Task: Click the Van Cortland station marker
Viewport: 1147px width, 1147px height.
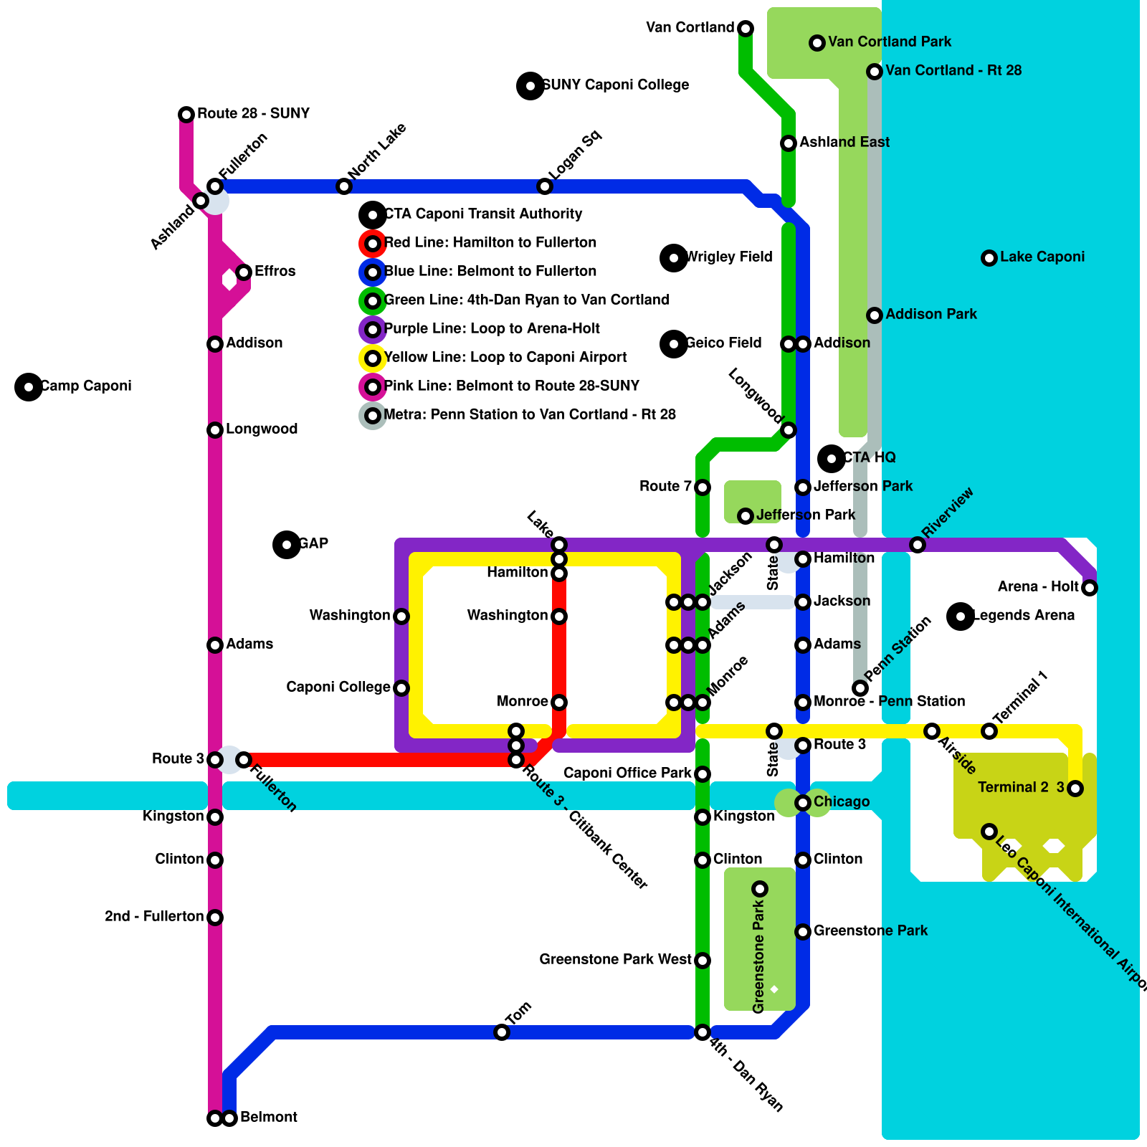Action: [746, 29]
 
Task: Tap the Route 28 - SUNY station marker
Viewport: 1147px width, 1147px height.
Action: [186, 115]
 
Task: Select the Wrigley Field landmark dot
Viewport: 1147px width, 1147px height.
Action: [674, 258]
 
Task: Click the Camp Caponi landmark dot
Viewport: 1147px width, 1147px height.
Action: [29, 387]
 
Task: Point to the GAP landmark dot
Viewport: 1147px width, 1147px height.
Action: [287, 545]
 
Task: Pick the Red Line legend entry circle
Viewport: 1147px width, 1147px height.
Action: [373, 244]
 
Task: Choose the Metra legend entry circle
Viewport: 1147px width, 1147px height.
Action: [373, 416]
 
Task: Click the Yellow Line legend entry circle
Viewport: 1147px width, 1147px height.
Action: [373, 358]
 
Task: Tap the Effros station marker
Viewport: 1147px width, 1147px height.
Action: [244, 272]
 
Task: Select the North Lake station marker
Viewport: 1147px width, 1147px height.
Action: [344, 186]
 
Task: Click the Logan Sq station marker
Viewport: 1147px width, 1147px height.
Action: [545, 186]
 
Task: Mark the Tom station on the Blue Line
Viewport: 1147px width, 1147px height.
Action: [502, 1032]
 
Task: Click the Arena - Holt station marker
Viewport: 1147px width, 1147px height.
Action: [1090, 588]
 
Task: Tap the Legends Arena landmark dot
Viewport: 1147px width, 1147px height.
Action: [961, 617]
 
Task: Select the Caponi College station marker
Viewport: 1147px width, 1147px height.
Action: [401, 688]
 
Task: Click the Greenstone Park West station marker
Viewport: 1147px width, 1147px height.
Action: [703, 961]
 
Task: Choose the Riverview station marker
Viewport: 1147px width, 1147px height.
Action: [918, 545]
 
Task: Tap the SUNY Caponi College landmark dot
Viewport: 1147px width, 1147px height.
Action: [530, 86]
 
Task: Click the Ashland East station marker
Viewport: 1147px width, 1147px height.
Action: [789, 143]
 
